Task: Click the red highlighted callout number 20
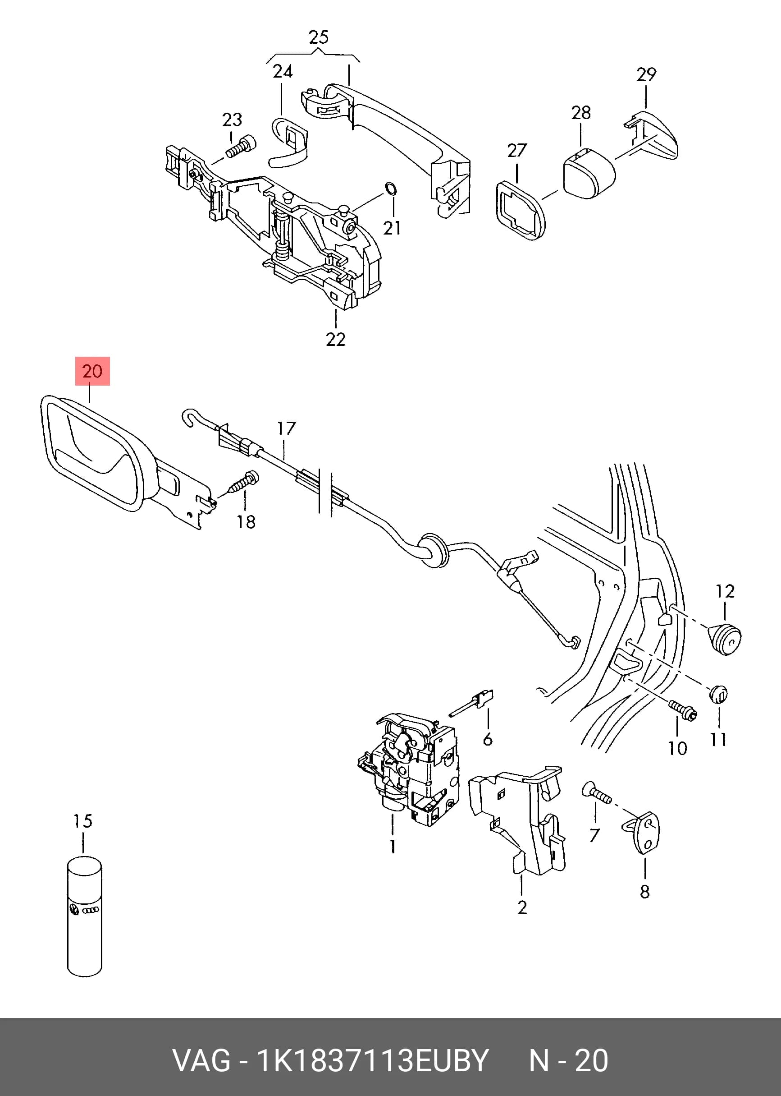pos(92,371)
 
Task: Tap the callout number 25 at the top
pos(319,37)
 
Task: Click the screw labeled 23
pos(241,146)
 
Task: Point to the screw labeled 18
pos(244,483)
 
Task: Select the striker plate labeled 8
pos(643,832)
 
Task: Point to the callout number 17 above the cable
pos(287,428)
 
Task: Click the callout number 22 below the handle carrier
pos(336,339)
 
